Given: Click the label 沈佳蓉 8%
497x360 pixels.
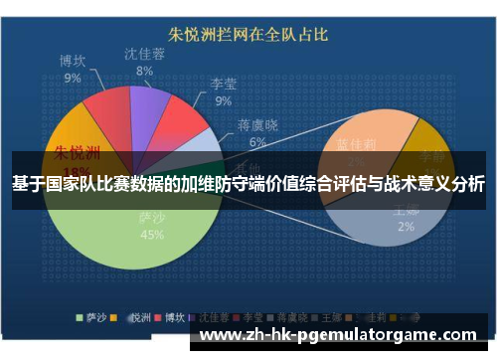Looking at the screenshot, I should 145,62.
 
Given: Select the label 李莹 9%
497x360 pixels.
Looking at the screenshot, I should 223,92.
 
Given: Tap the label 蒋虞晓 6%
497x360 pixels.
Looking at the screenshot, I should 257,133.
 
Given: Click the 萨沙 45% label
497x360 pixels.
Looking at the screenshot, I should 152,227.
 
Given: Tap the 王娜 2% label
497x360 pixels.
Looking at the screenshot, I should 405,219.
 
